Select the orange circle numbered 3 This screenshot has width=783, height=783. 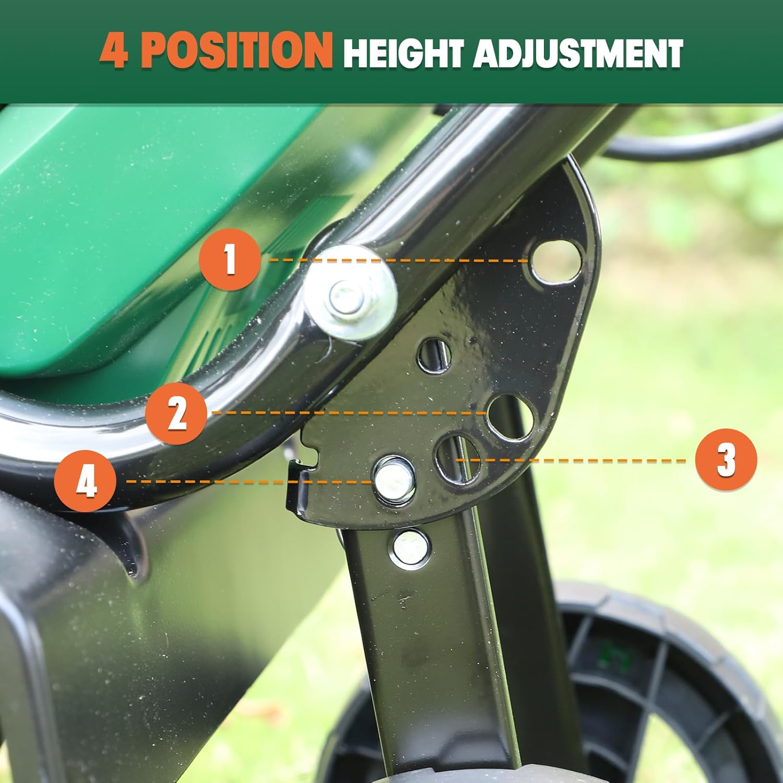[x=726, y=460]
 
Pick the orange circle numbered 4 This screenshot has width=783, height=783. [x=85, y=481]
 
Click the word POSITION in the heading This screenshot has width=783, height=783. [x=237, y=51]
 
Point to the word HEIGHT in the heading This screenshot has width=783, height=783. [x=403, y=53]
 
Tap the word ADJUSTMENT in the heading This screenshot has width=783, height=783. [x=578, y=53]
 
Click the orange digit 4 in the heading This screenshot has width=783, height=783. [x=113, y=51]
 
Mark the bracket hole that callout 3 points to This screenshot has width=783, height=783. [x=459, y=459]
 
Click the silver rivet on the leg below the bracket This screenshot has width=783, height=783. [x=412, y=547]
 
